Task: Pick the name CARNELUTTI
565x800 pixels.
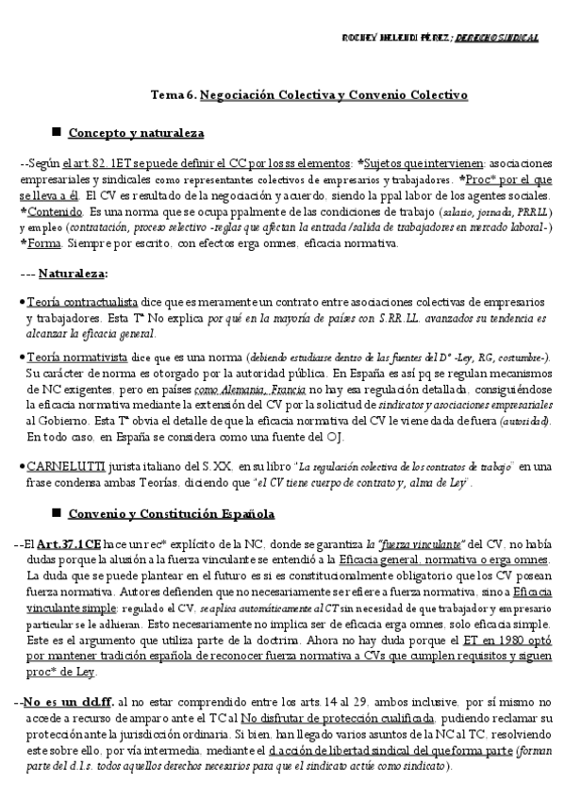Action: click(x=62, y=466)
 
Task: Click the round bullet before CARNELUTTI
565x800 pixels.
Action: click(x=22, y=466)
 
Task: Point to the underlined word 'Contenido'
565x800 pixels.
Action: click(x=55, y=212)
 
